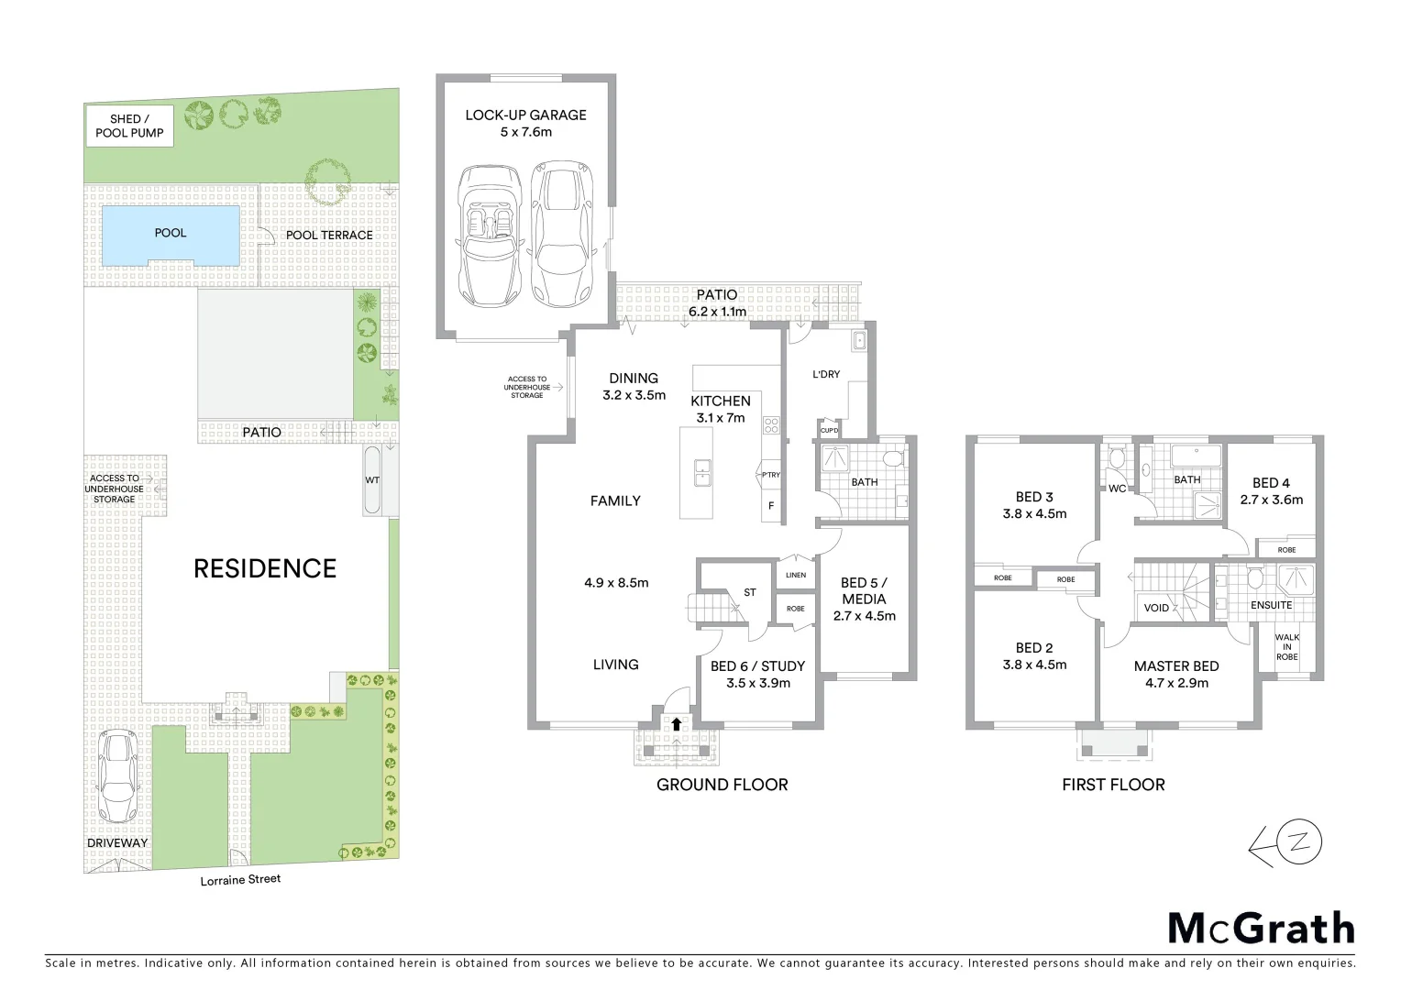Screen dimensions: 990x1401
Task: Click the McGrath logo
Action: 1261,929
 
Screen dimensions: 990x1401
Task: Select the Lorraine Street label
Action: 240,880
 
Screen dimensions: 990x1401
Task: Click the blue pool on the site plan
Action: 171,235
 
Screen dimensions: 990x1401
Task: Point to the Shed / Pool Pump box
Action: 129,126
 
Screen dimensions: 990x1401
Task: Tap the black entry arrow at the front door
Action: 677,724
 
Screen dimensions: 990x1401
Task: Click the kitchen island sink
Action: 701,472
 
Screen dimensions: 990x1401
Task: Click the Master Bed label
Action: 1176,666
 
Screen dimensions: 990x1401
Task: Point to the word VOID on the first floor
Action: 1156,608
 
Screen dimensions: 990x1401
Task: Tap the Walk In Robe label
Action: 1286,647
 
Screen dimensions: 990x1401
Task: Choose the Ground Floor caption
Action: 722,785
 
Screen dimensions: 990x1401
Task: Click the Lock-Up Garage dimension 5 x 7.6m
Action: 525,132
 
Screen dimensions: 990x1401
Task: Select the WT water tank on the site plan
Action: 372,480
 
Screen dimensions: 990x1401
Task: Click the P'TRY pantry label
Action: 770,475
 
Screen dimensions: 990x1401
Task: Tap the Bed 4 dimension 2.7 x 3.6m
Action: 1271,500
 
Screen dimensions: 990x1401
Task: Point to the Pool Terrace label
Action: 329,236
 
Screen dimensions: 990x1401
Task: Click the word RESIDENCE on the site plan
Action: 265,569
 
